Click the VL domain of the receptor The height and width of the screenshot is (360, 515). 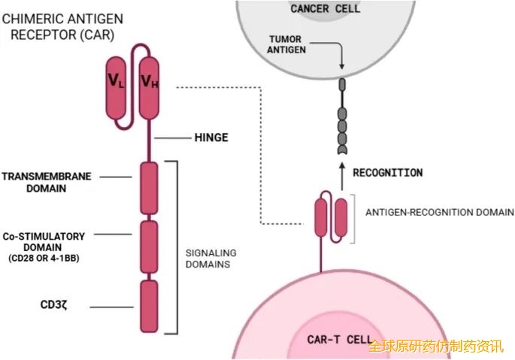point(117,86)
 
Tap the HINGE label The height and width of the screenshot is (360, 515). point(211,138)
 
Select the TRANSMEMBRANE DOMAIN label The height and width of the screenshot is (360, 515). point(47,183)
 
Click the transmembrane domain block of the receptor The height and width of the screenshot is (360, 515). point(149,188)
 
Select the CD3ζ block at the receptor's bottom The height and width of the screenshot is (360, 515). point(149,306)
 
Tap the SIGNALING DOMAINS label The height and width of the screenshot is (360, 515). point(211,259)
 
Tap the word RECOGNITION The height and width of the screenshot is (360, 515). point(388,173)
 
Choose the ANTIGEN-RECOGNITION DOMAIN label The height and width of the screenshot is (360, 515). point(429,213)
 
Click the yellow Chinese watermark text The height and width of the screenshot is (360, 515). point(435,347)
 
